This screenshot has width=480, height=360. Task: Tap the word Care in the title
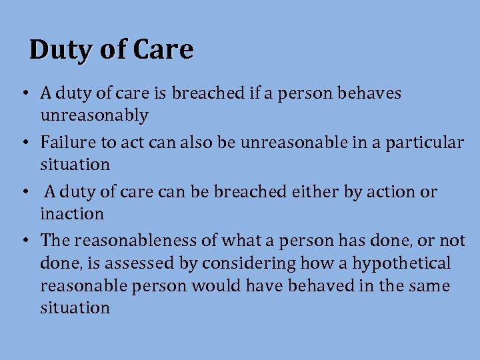point(163,50)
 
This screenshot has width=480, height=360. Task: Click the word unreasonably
point(94,116)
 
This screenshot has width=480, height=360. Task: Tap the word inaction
point(72,214)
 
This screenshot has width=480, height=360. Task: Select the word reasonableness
point(133,240)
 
